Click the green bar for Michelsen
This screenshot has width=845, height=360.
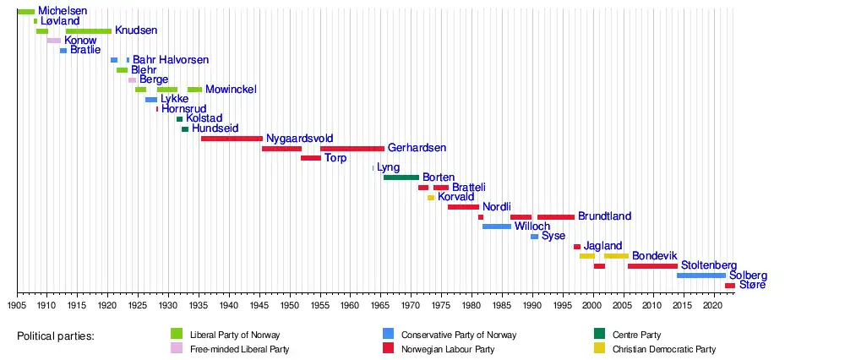[25, 12]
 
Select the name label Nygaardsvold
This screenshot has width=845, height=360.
[299, 138]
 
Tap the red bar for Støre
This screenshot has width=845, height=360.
[729, 286]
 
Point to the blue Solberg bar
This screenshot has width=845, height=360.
[701, 275]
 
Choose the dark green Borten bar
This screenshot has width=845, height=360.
[401, 177]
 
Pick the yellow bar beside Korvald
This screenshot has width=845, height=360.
[431, 197]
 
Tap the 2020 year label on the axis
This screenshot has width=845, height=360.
[713, 303]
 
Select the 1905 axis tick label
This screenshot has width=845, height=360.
[17, 303]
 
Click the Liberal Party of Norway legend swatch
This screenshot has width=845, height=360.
[177, 334]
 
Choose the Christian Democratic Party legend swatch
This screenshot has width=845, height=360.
[600, 348]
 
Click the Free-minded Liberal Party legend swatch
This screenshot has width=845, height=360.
[177, 348]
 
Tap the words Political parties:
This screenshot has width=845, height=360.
[56, 336]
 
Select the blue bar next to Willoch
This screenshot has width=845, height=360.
[497, 226]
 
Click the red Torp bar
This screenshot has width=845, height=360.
[310, 158]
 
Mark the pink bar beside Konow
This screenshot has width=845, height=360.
[53, 41]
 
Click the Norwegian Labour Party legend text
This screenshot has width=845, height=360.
[448, 349]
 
